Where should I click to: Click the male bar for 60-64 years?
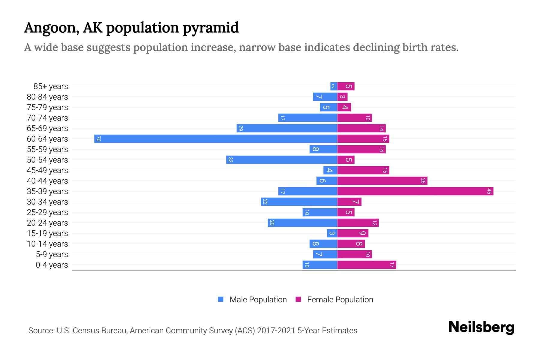(x=216, y=139)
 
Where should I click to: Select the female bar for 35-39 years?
(x=415, y=191)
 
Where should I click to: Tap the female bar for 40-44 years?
(x=382, y=181)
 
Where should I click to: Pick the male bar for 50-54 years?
(x=282, y=160)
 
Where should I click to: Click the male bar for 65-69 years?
(x=287, y=128)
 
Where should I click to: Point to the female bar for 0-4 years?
(x=367, y=265)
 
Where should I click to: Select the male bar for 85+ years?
(x=334, y=86)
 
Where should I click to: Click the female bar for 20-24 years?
(x=358, y=223)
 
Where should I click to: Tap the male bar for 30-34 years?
(x=299, y=202)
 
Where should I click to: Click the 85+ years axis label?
(x=51, y=86)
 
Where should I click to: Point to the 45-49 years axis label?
(x=47, y=170)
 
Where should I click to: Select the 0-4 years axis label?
(x=52, y=265)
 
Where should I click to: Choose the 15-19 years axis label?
(x=47, y=233)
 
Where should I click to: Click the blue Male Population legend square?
(x=221, y=299)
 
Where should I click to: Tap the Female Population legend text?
(x=340, y=300)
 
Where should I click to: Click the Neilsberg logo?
(x=481, y=327)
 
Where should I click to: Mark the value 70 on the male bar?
(x=98, y=139)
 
